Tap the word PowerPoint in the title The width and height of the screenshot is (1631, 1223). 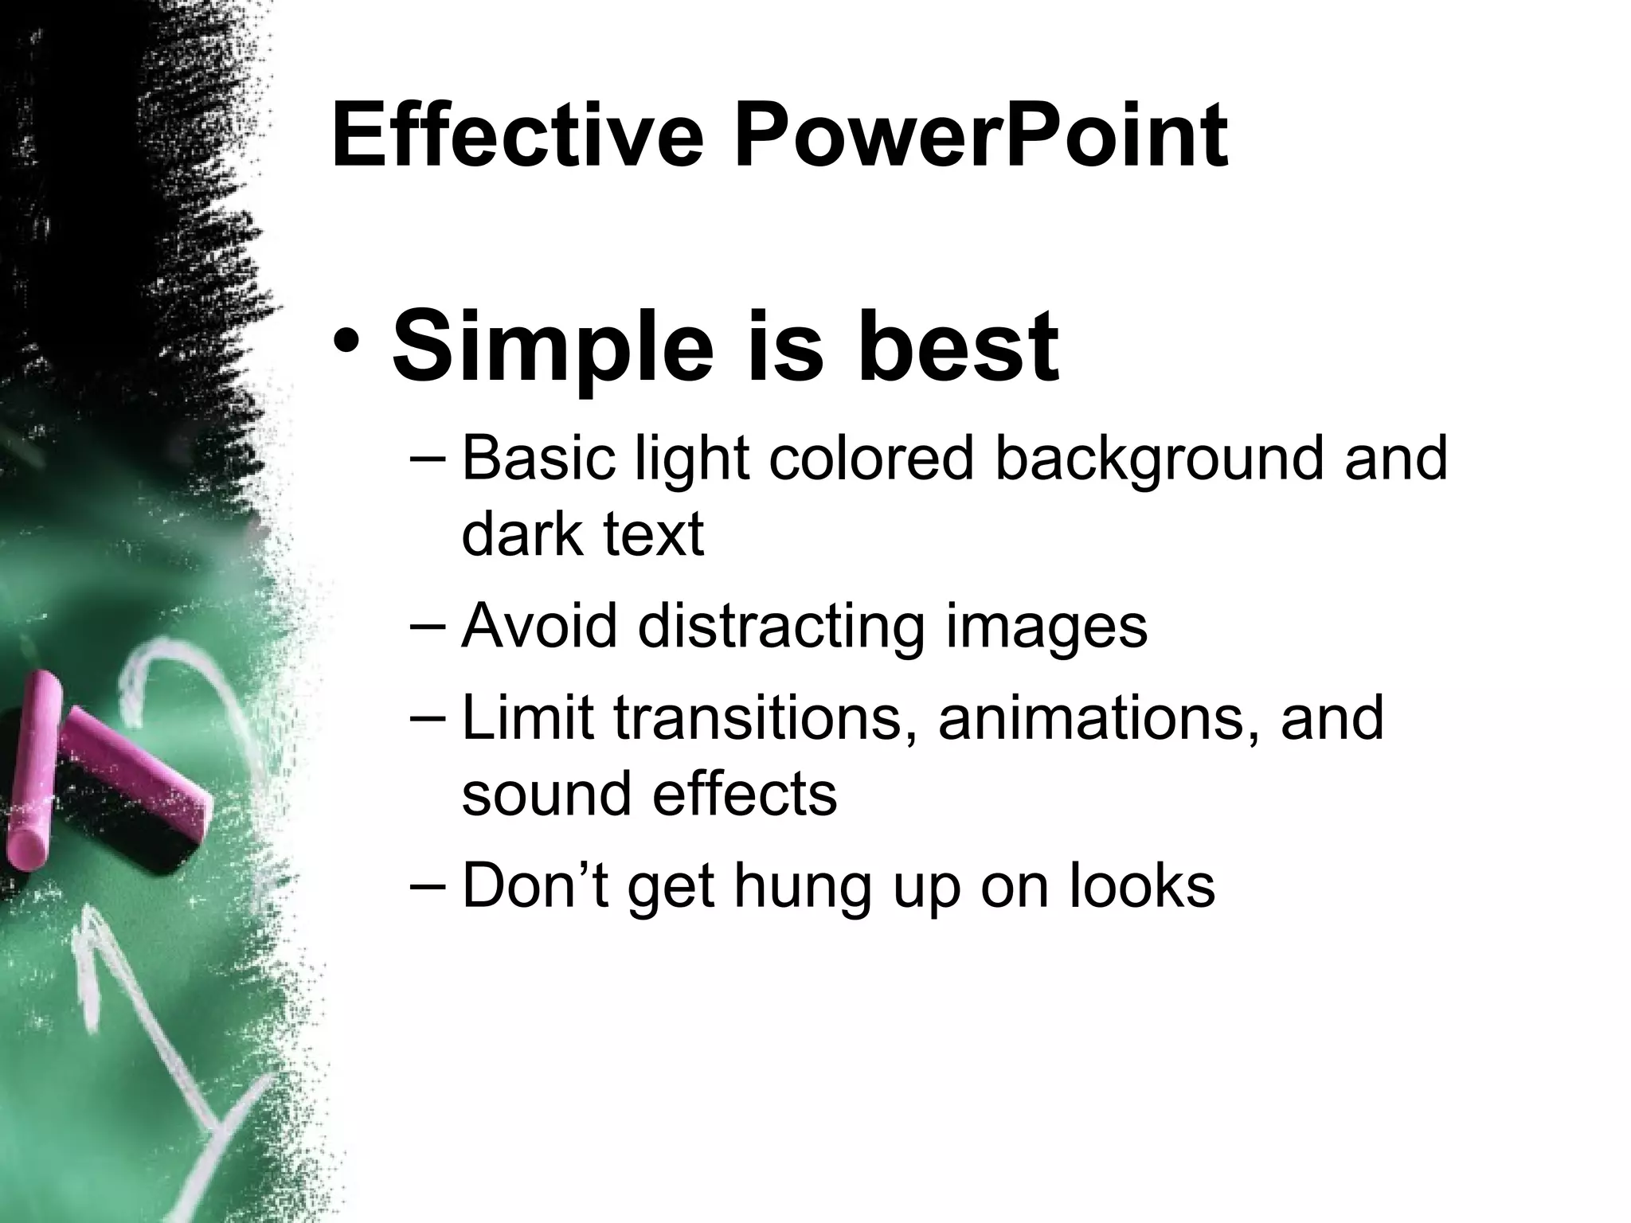(980, 137)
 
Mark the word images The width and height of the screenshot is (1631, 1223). (1046, 627)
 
